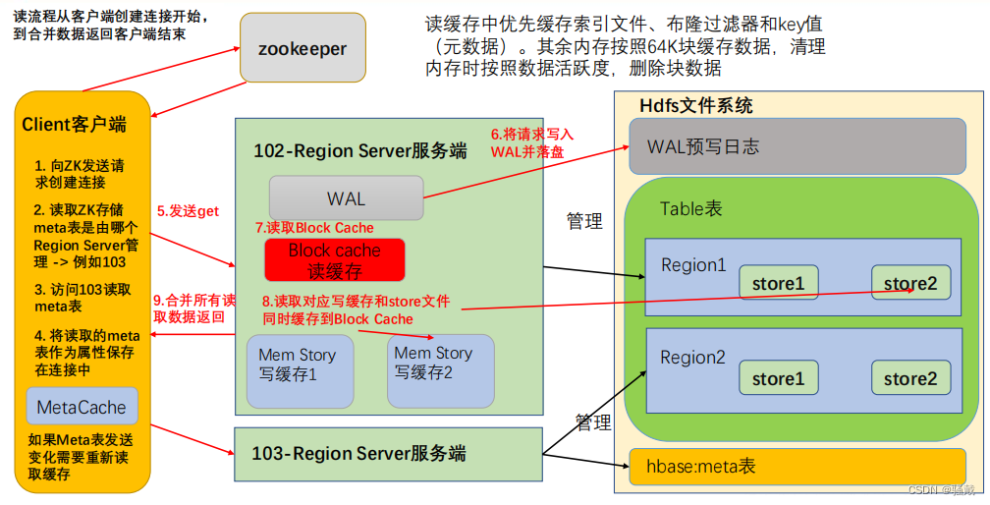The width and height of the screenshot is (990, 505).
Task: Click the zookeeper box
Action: tap(302, 48)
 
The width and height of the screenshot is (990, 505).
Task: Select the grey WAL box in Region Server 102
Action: tap(346, 197)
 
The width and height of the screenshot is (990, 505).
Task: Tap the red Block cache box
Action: tap(334, 259)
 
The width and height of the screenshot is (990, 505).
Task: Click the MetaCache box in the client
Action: tap(82, 407)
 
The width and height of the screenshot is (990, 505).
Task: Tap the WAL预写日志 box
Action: tap(796, 147)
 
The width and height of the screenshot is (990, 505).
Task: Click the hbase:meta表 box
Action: tap(797, 467)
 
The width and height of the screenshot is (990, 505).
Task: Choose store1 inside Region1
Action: tap(778, 283)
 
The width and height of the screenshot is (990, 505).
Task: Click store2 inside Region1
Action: tap(909, 283)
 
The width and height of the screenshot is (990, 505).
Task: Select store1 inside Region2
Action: tap(778, 378)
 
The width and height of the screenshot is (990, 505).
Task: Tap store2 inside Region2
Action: tap(909, 378)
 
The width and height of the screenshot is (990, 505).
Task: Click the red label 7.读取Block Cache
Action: tap(314, 228)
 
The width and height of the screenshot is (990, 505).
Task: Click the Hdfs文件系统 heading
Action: tap(695, 105)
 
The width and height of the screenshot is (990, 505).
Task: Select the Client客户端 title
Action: tap(74, 125)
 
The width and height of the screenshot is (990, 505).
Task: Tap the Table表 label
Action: tap(690, 208)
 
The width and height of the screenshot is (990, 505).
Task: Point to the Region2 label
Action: tap(692, 358)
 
